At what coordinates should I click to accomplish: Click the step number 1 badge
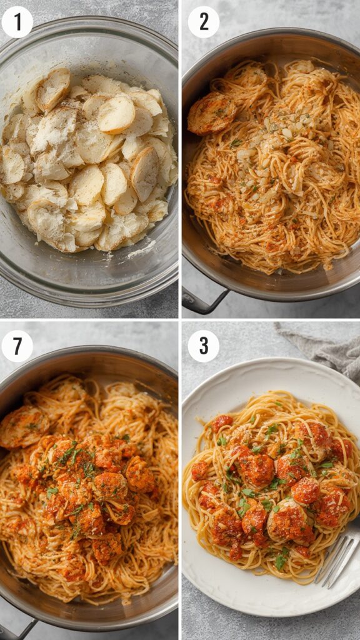(x=17, y=22)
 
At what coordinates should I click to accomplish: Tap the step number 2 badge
(x=204, y=22)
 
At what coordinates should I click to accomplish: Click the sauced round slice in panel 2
(x=211, y=113)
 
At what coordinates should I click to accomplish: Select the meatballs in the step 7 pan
(x=109, y=487)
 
